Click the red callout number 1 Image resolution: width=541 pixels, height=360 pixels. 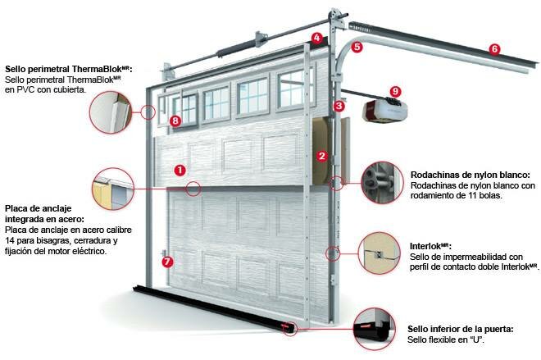[x=180, y=169]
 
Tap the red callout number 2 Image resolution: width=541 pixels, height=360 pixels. [x=322, y=155]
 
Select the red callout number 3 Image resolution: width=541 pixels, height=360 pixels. [x=339, y=106]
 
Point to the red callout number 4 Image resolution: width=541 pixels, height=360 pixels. [x=316, y=38]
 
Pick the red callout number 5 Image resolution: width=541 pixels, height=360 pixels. [x=357, y=48]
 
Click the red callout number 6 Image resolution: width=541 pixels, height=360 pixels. [x=493, y=48]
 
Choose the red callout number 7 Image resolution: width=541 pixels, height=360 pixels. [x=168, y=262]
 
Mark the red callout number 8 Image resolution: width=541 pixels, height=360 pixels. [x=175, y=121]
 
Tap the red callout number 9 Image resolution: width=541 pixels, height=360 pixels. [x=396, y=91]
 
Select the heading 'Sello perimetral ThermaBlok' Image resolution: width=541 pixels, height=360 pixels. [x=68, y=69]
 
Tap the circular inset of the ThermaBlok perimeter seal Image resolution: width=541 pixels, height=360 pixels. [x=112, y=112]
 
